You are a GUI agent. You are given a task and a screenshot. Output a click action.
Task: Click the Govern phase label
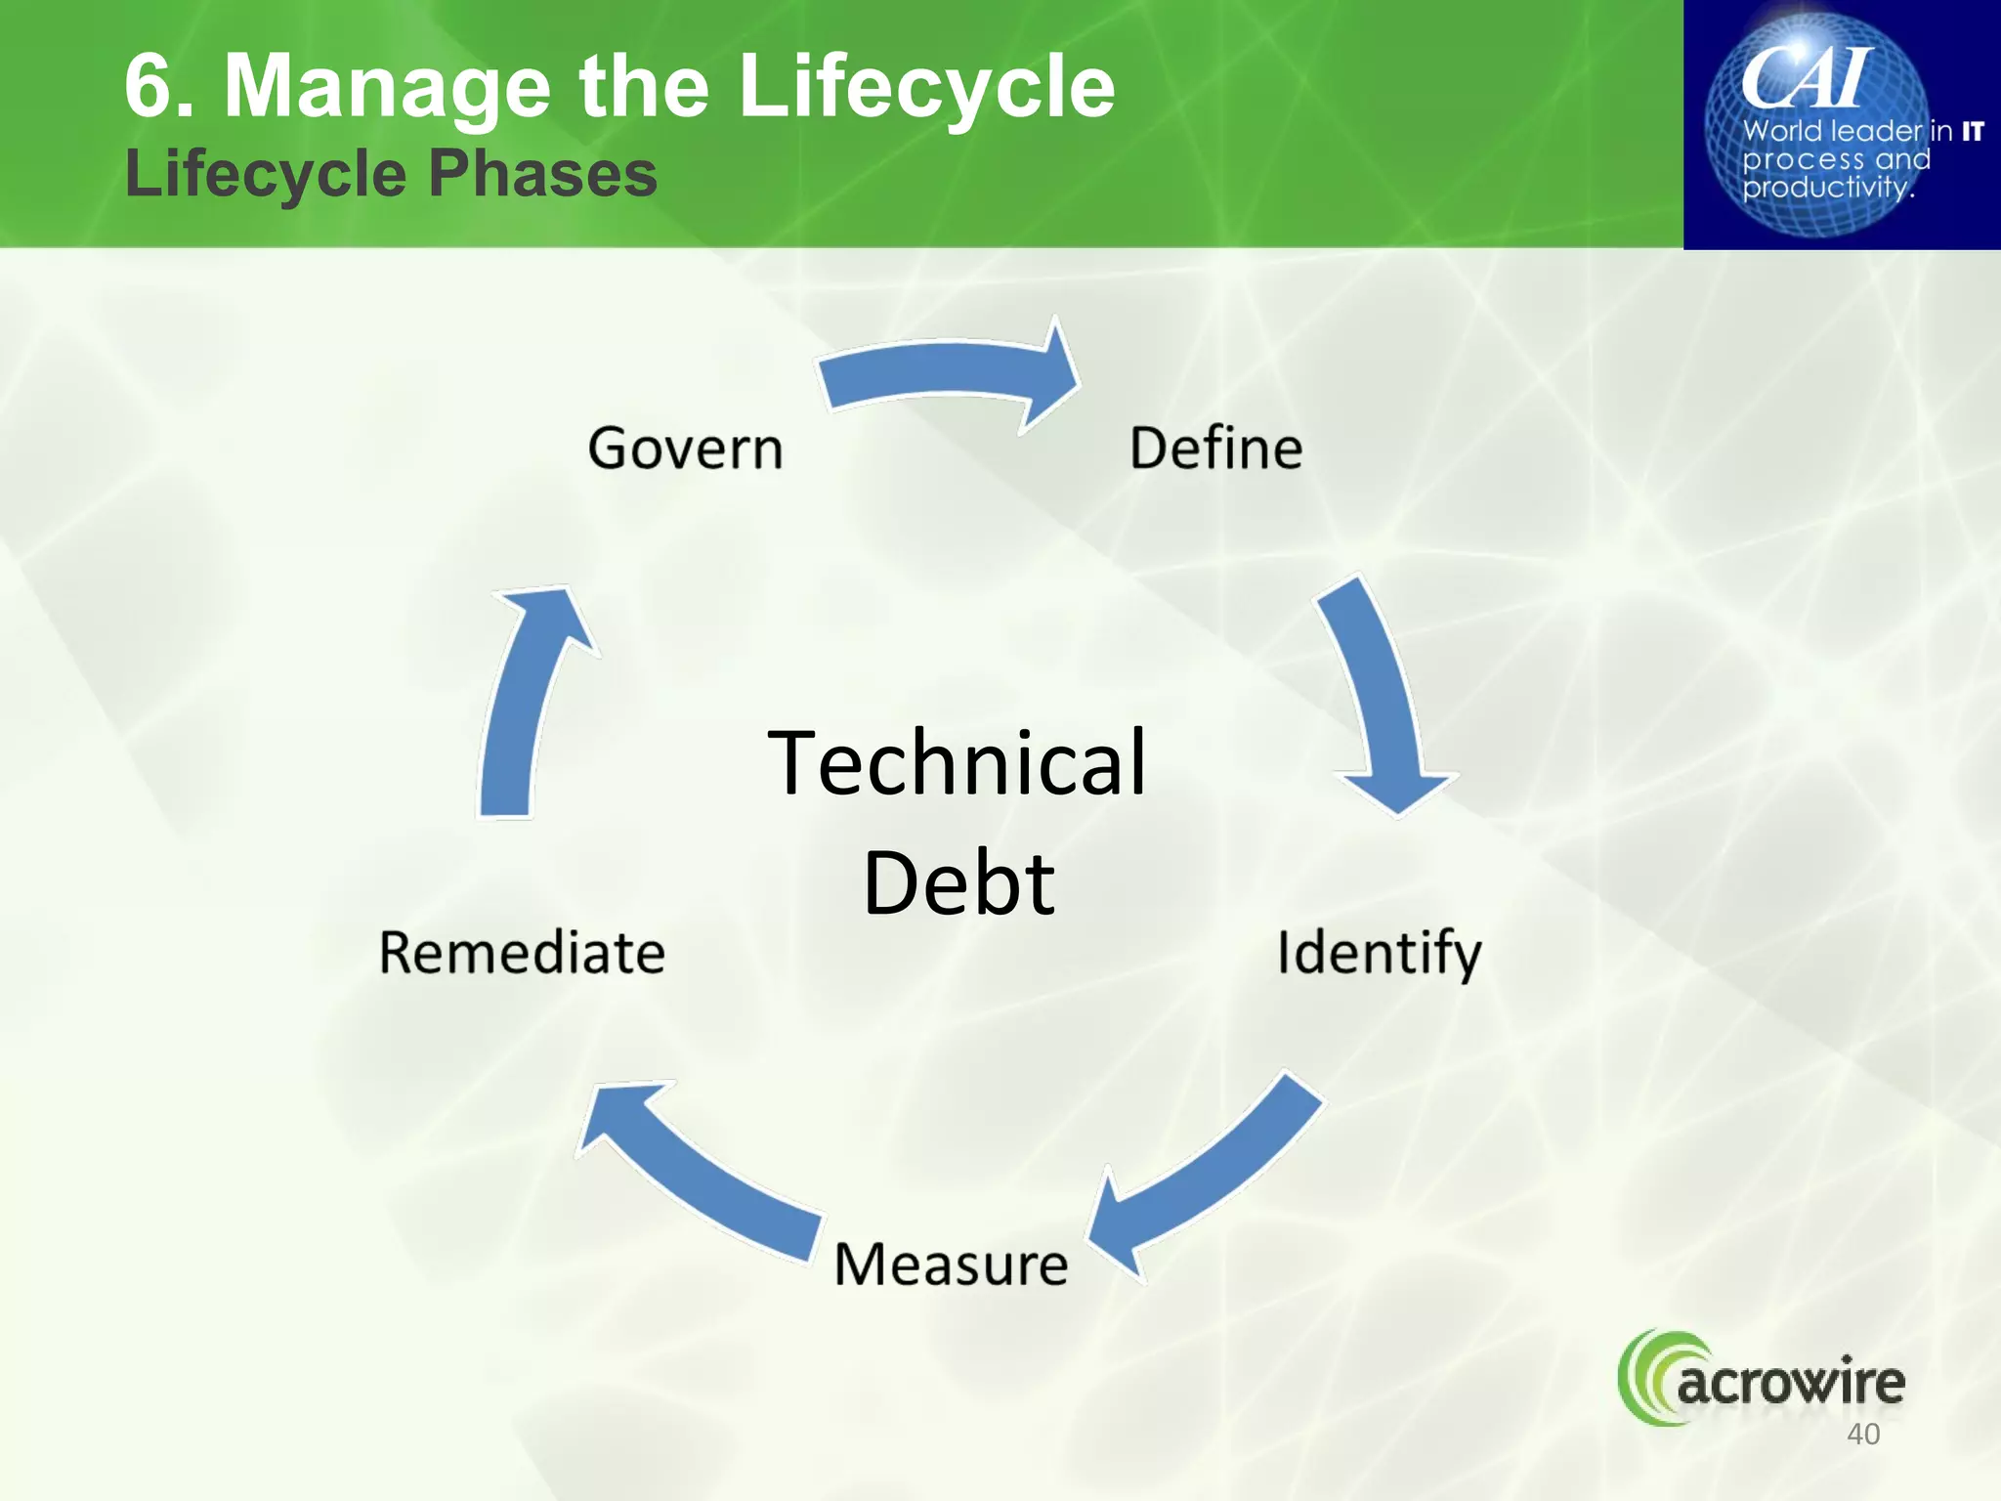coord(685,449)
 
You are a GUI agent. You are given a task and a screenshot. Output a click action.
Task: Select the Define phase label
coord(1215,449)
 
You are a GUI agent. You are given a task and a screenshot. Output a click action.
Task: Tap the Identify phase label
coord(1379,953)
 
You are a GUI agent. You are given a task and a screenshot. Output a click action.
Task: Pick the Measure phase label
coord(951,1264)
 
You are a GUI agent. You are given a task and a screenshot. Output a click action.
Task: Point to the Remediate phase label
coord(522,953)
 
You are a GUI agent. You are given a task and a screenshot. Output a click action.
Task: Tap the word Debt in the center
coord(958,882)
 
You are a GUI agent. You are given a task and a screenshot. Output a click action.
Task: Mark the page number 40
coord(1863,1434)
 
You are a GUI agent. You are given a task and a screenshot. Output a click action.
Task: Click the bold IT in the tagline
coord(1973,131)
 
